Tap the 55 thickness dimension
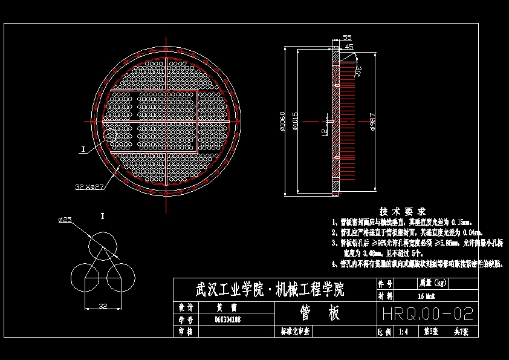click(x=347, y=38)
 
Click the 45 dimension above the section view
click(x=349, y=46)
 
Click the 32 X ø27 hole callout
click(x=90, y=187)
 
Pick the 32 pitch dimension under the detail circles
click(x=103, y=306)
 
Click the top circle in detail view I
click(x=103, y=246)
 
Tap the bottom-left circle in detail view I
click(x=85, y=278)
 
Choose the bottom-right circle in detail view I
click(x=121, y=278)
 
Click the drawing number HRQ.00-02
click(x=427, y=314)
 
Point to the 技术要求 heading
click(x=402, y=211)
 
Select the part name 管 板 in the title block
click(x=320, y=313)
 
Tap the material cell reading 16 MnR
click(x=426, y=296)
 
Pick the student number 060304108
click(x=228, y=319)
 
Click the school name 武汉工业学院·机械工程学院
click(x=270, y=290)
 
